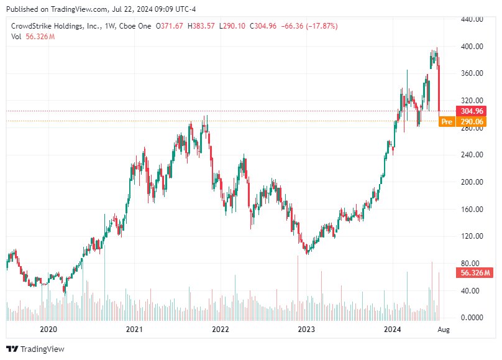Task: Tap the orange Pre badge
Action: pyautogui.click(x=447, y=122)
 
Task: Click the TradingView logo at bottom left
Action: pyautogui.click(x=35, y=349)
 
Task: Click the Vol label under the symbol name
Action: pyautogui.click(x=16, y=37)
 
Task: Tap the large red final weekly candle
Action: pyautogui.click(x=439, y=87)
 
